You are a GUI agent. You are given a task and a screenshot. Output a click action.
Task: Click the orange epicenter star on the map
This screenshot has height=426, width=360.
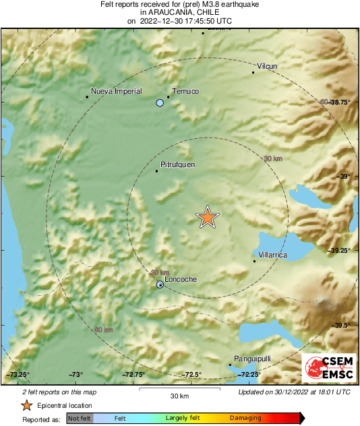(x=208, y=217)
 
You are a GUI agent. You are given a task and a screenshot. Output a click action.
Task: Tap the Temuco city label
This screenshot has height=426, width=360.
(x=185, y=91)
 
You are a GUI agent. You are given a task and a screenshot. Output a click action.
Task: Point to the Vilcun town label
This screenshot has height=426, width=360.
(x=268, y=66)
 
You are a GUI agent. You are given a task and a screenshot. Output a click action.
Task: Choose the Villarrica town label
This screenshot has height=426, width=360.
(x=273, y=255)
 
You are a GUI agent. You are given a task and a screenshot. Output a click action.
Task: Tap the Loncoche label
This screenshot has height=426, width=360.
(x=180, y=278)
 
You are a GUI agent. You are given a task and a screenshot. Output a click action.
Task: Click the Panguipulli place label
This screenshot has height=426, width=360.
(x=251, y=359)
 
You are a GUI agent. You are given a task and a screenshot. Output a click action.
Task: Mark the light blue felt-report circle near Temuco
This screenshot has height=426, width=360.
(x=160, y=103)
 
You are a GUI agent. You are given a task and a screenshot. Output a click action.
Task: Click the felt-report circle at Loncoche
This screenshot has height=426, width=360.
(x=160, y=285)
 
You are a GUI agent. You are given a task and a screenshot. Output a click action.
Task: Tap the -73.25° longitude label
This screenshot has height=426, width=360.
(x=18, y=375)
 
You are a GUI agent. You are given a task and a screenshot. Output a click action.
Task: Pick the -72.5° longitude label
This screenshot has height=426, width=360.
(x=192, y=375)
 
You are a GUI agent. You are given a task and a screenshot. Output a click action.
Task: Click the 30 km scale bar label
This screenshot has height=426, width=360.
(x=179, y=396)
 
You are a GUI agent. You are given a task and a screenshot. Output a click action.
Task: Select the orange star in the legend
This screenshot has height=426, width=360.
(x=26, y=405)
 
